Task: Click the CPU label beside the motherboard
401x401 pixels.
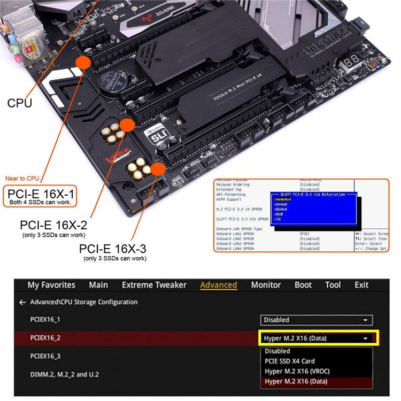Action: tap(19, 103)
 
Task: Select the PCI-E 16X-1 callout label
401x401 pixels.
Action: tap(41, 193)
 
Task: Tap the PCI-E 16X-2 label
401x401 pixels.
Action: tap(53, 225)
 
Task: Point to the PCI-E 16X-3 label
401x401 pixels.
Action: tap(112, 249)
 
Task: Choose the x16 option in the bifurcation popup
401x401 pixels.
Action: tap(278, 219)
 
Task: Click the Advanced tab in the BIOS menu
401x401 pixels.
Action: tap(218, 285)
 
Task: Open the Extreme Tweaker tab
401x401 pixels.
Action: tap(154, 285)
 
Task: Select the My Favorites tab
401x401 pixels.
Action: tap(51, 285)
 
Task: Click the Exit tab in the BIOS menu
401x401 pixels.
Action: tap(361, 285)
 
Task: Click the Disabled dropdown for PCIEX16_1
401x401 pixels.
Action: tap(317, 320)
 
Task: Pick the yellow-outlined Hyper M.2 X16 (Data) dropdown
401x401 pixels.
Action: tap(319, 338)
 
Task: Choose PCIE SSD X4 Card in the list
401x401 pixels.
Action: tap(290, 361)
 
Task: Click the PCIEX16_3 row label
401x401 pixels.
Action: tap(45, 356)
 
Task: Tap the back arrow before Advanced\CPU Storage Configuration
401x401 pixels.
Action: tap(22, 302)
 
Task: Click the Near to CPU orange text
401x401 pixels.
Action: tap(22, 178)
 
